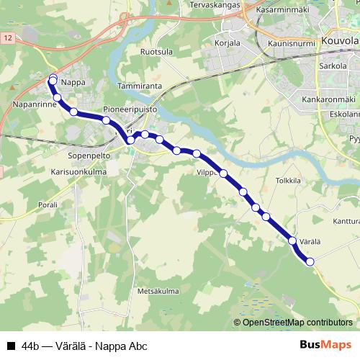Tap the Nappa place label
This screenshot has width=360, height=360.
pyautogui.click(x=73, y=83)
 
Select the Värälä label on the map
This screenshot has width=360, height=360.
pyautogui.click(x=308, y=230)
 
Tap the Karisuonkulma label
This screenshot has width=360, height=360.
pyautogui.click(x=79, y=173)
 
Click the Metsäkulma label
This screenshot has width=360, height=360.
pyautogui.click(x=158, y=291)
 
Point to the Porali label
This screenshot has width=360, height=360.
pyautogui.click(x=48, y=205)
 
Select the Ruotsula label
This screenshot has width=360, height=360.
pyautogui.click(x=157, y=53)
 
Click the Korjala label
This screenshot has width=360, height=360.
pyautogui.click(x=228, y=43)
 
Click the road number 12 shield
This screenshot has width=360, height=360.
pyautogui.click(x=6, y=36)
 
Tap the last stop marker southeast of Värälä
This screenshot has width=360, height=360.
pyautogui.click(x=310, y=262)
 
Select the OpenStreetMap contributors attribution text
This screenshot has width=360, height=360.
pyautogui.click(x=297, y=323)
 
